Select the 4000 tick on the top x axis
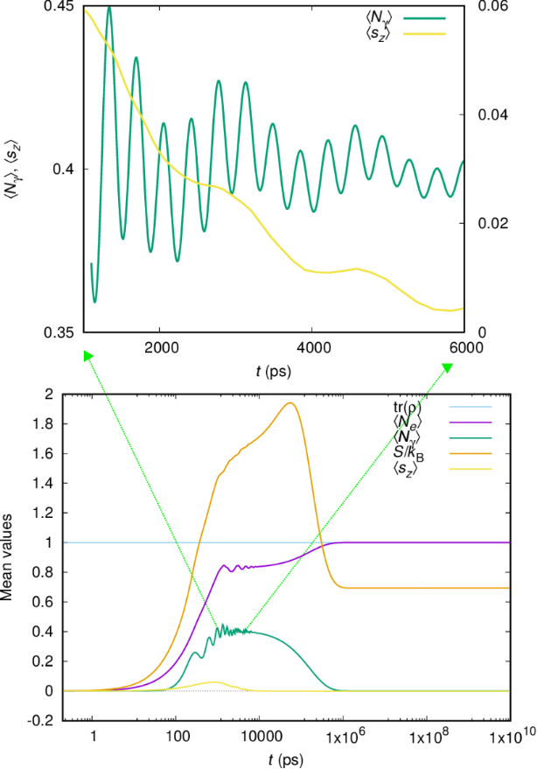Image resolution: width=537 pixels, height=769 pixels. point(312,346)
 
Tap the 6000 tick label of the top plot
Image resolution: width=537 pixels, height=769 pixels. point(465,346)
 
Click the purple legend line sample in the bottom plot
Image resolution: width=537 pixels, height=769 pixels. point(471,423)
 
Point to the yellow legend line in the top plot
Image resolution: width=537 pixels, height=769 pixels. point(424,33)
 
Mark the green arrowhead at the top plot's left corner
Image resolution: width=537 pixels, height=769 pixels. point(87,354)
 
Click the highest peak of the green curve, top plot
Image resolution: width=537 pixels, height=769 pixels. point(109,7)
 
